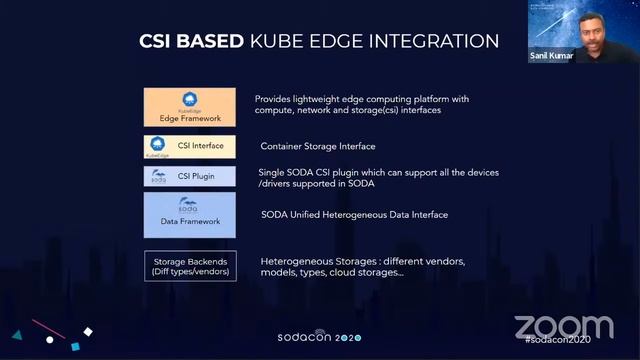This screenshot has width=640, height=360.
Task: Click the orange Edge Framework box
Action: coord(190,107)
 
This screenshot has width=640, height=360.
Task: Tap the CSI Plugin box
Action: coord(190,176)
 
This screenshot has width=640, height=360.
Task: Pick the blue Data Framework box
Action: coord(190,214)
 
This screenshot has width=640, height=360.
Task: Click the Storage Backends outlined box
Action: coord(190,266)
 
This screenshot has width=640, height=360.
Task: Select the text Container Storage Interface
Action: coord(310,146)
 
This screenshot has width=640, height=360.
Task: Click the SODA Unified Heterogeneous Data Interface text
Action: coord(355,215)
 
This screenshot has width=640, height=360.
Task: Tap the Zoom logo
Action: coord(564,326)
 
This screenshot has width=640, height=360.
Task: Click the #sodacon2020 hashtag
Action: coord(557,343)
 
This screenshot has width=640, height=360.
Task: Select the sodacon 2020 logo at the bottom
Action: coord(319,338)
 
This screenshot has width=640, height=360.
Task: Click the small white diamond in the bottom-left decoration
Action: coord(88,331)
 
